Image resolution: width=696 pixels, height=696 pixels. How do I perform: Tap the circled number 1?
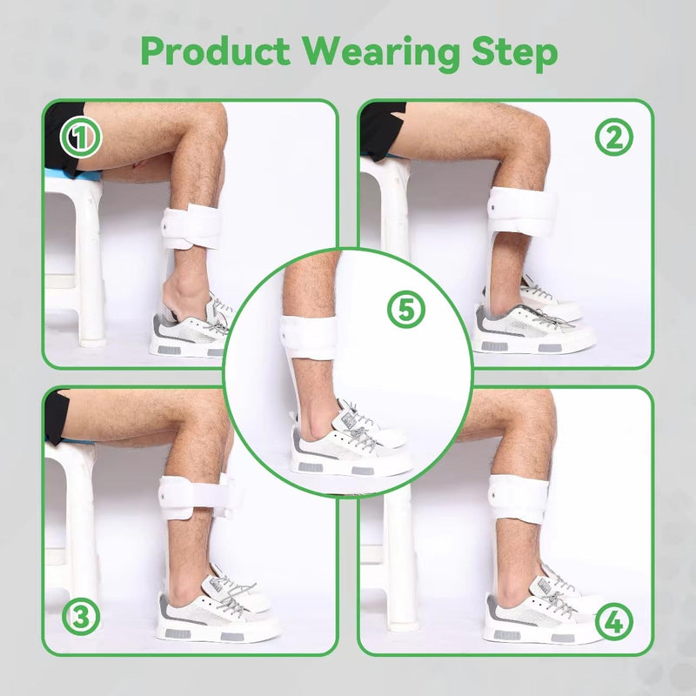[x=81, y=137]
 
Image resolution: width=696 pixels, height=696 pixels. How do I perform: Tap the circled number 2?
[x=614, y=137]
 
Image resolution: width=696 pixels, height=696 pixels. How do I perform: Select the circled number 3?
[x=81, y=617]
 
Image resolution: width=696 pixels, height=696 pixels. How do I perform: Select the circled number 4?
[x=614, y=621]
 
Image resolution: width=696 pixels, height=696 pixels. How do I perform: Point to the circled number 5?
[x=406, y=310]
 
